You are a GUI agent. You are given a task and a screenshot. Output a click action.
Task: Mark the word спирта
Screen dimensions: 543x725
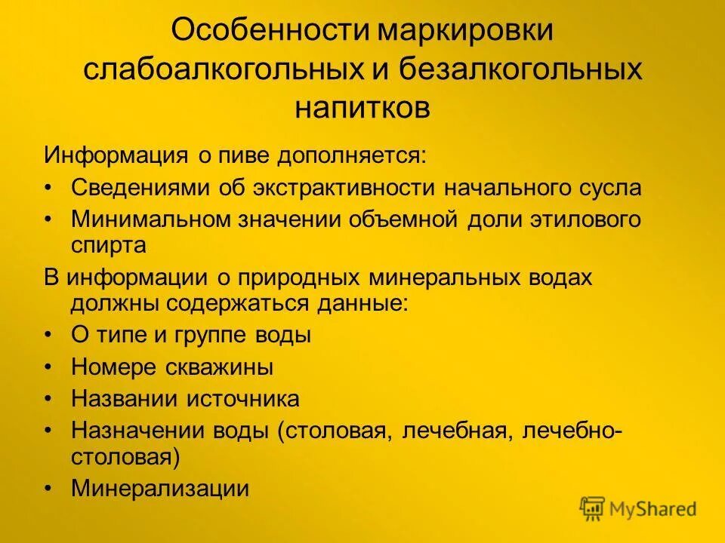click(x=109, y=245)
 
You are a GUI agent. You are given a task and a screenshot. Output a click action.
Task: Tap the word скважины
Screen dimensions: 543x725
click(x=223, y=367)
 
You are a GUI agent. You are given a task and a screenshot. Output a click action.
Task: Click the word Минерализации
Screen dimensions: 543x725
click(x=160, y=489)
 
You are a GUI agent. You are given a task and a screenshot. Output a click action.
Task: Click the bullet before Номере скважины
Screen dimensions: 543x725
click(x=48, y=367)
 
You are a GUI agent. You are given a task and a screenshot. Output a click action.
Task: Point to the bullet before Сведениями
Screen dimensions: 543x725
click(x=48, y=188)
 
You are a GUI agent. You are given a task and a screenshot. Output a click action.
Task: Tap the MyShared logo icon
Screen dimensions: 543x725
click(x=593, y=508)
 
